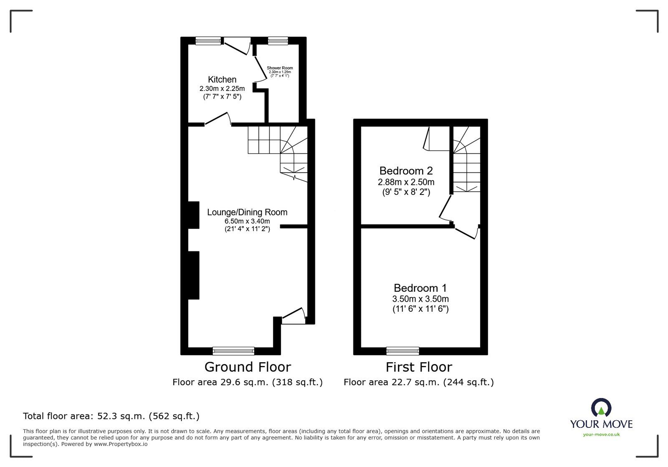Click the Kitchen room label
coord(222,79)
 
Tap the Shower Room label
coord(280,68)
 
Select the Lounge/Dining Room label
coord(247,212)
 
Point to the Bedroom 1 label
coord(420,288)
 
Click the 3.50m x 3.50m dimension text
coord(420,299)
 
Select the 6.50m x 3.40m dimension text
coord(247,221)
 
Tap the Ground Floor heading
coord(247,367)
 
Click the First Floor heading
coord(418,367)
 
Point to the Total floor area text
coord(111,416)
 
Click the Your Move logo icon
coord(601,408)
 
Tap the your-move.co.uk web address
coord(601,434)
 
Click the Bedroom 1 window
coord(402,351)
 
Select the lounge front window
coord(233,351)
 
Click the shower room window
coord(278,40)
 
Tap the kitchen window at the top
coord(208,40)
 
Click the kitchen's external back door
coord(237,46)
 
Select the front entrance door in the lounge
coord(293,316)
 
